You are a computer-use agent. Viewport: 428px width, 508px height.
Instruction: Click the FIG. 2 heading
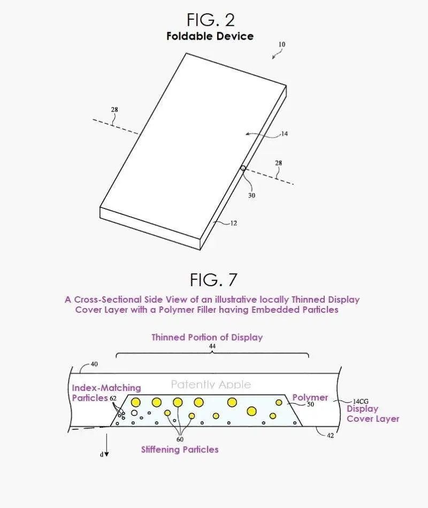210,20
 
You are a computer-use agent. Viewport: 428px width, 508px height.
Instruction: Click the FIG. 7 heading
213,280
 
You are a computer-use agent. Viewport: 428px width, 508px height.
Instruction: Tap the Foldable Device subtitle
210,36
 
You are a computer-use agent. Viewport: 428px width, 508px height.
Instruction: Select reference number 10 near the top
282,44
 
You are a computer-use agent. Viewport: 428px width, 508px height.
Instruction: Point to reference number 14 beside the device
285,134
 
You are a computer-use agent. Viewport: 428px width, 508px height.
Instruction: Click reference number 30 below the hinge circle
251,195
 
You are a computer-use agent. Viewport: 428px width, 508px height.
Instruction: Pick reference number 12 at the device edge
234,223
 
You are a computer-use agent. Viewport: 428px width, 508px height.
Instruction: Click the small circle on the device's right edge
243,168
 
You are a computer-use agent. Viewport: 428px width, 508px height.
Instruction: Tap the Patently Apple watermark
211,384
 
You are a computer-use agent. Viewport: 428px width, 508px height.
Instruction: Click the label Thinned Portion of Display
207,337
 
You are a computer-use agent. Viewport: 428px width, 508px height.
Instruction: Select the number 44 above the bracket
212,346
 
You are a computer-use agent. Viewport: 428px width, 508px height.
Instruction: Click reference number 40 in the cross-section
94,364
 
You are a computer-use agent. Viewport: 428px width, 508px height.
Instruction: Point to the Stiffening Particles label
180,449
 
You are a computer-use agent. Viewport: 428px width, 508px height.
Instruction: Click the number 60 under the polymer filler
180,440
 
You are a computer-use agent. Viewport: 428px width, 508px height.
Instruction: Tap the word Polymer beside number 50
310,397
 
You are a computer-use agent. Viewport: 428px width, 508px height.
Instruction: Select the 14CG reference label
361,402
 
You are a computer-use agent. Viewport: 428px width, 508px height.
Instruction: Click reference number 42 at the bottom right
330,435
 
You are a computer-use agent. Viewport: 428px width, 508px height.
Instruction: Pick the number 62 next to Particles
113,398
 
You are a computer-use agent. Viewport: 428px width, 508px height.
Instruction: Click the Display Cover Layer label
373,414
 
